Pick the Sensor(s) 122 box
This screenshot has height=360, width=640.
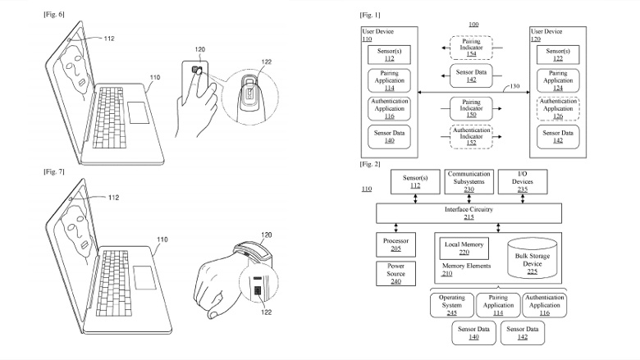pos(557,54)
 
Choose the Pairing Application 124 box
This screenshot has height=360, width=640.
pos(557,80)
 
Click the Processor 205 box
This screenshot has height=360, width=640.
pos(395,245)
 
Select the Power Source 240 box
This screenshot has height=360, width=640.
pos(395,272)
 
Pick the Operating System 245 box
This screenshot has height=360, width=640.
pos(452,305)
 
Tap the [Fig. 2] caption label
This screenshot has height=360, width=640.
pos(370,165)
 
